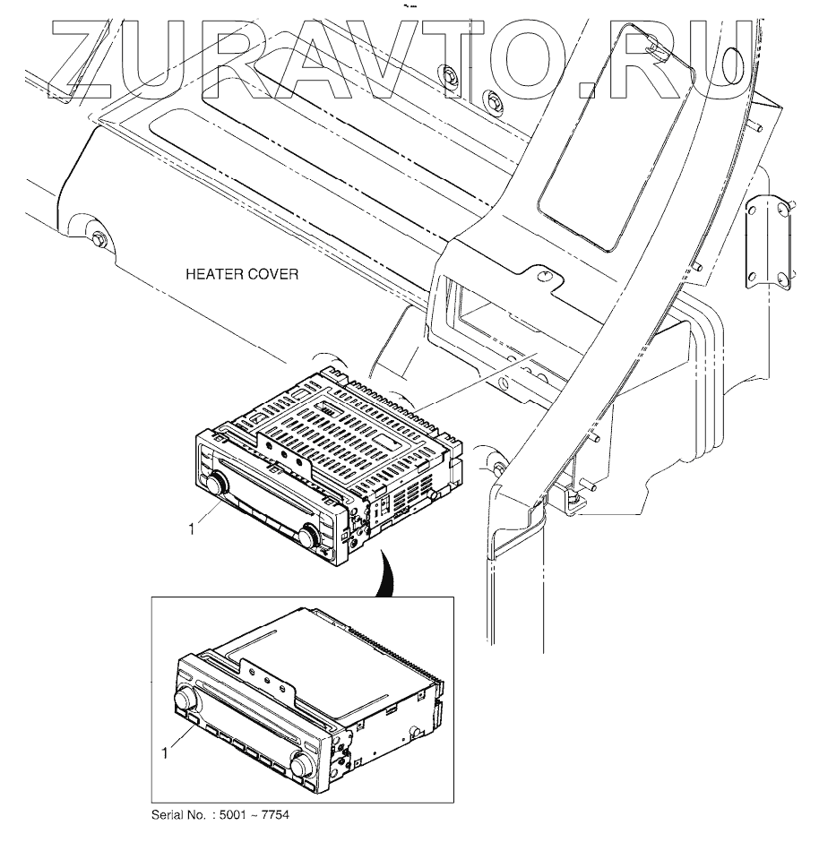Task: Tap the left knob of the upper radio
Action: pos(216,485)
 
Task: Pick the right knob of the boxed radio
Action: pos(301,764)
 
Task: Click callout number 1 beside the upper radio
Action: pos(191,530)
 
